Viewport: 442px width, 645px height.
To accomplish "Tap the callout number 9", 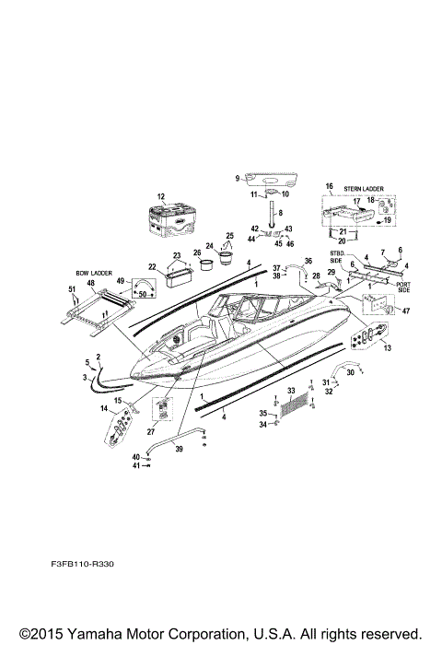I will pos(238,177).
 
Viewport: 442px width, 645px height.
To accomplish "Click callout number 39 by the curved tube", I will pos(179,449).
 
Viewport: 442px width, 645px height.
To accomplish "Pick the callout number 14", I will pos(104,408).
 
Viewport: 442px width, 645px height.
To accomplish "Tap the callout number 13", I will pos(386,348).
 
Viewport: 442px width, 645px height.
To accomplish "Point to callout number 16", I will pos(328,186).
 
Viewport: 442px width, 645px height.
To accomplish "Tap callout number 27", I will pos(150,430).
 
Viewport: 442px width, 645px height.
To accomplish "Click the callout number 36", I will pos(308,261).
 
